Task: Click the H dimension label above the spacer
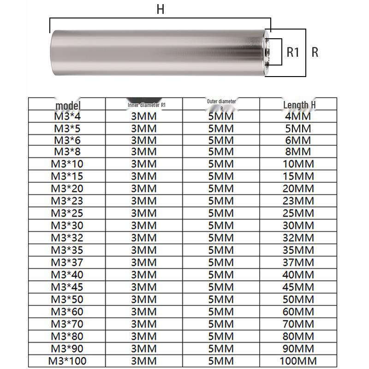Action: (160, 9)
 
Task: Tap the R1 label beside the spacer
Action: (293, 52)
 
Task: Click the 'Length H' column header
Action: (299, 105)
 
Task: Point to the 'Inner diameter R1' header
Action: (147, 105)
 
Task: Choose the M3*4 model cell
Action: (67, 116)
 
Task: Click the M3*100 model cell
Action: (67, 361)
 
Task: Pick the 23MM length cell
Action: (298, 201)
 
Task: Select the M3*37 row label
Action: (67, 262)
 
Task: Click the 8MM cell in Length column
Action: (298, 152)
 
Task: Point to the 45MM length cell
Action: (298, 287)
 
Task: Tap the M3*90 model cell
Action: (67, 349)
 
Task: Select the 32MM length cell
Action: (298, 238)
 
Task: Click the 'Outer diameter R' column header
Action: (221, 105)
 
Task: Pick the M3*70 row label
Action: (67, 324)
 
